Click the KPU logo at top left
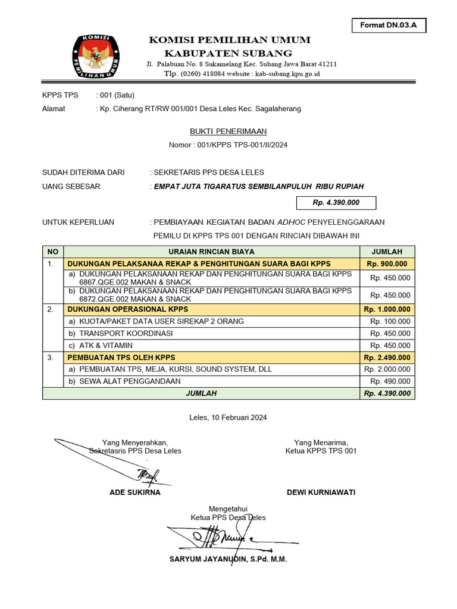(x=96, y=58)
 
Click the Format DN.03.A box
(x=389, y=25)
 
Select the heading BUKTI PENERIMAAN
(x=228, y=131)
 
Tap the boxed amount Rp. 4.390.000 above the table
(x=336, y=203)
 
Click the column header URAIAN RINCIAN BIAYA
(x=211, y=252)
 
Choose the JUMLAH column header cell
(x=387, y=252)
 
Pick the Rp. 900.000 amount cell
(x=387, y=263)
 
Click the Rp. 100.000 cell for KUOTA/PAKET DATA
(x=390, y=322)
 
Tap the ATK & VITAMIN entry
(x=106, y=346)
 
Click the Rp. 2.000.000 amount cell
(x=387, y=369)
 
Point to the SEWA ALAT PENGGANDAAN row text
(x=130, y=381)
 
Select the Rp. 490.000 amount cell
(x=390, y=381)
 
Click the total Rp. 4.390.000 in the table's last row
(x=387, y=393)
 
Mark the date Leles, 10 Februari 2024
(x=228, y=417)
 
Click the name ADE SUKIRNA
(x=135, y=492)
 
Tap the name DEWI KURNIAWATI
(x=321, y=492)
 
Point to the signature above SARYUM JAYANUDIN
(x=220, y=538)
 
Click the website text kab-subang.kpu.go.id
(x=287, y=74)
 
